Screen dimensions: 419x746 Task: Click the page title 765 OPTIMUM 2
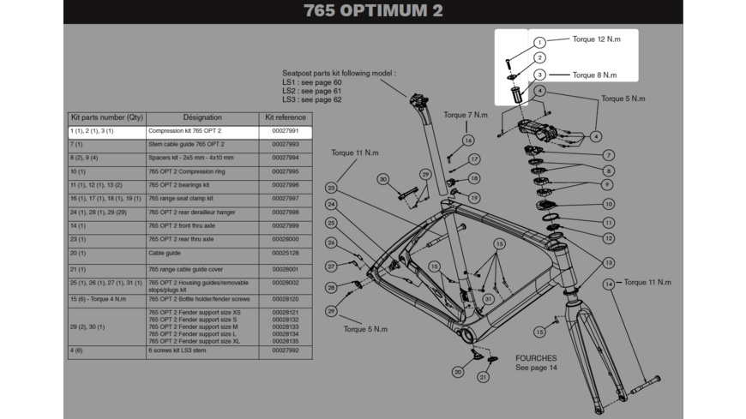pos(373,11)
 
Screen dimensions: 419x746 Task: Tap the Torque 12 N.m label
pos(596,39)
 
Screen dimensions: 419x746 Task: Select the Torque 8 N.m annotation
pos(594,75)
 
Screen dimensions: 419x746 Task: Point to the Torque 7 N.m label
pos(466,115)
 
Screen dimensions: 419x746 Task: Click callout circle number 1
pos(539,42)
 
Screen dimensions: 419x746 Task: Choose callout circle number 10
pos(608,204)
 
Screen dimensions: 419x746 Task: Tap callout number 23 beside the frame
pos(330,188)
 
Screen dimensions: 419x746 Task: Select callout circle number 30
pos(383,179)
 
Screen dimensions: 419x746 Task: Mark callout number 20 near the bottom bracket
pos(458,372)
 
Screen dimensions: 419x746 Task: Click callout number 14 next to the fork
pos(608,284)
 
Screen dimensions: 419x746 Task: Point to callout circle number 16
pos(468,141)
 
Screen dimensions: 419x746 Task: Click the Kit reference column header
pos(285,117)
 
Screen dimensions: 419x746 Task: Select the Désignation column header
pos(202,117)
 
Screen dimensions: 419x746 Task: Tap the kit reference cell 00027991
pos(285,131)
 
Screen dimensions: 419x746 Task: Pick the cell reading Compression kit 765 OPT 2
pos(185,131)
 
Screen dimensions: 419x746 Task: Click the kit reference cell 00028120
pos(285,300)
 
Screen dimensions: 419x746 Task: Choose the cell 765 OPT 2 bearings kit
pos(179,185)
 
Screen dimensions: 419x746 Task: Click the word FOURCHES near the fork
pos(536,358)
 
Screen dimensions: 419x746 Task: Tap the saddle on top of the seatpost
pos(419,97)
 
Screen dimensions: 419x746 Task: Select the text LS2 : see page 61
pos(312,91)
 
